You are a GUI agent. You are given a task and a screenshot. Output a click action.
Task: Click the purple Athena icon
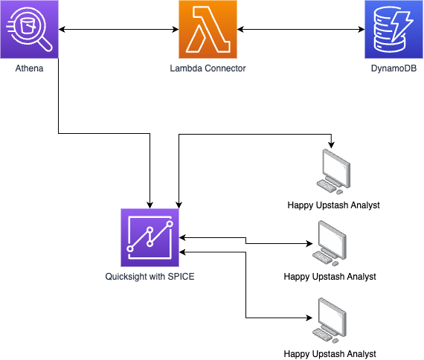pyautogui.click(x=29, y=30)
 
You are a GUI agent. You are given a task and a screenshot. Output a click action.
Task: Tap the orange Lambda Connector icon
pyautogui.click(x=208, y=30)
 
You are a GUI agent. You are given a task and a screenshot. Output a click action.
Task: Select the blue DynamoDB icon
pyautogui.click(x=394, y=30)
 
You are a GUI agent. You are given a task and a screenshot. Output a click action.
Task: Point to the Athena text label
pyautogui.click(x=29, y=68)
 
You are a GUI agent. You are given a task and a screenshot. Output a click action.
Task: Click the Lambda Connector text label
pyautogui.click(x=208, y=68)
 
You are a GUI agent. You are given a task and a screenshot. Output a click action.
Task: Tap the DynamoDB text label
pyautogui.click(x=394, y=68)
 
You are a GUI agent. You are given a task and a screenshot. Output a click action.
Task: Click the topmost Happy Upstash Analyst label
pyautogui.click(x=334, y=205)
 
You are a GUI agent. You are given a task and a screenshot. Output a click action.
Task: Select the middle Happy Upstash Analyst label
pyautogui.click(x=330, y=277)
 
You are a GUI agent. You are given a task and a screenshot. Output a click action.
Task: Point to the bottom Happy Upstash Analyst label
pyautogui.click(x=330, y=353)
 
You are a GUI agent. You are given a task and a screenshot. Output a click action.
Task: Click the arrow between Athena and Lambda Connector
pyautogui.click(x=118, y=30)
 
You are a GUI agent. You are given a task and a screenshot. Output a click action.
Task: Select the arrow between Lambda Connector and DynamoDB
pyautogui.click(x=301, y=30)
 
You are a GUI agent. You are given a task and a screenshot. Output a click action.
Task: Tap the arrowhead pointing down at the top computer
pyautogui.click(x=332, y=144)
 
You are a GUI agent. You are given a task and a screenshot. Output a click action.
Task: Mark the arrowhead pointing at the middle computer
pyautogui.click(x=306, y=243)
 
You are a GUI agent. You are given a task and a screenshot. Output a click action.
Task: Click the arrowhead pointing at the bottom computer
pyautogui.click(x=306, y=318)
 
